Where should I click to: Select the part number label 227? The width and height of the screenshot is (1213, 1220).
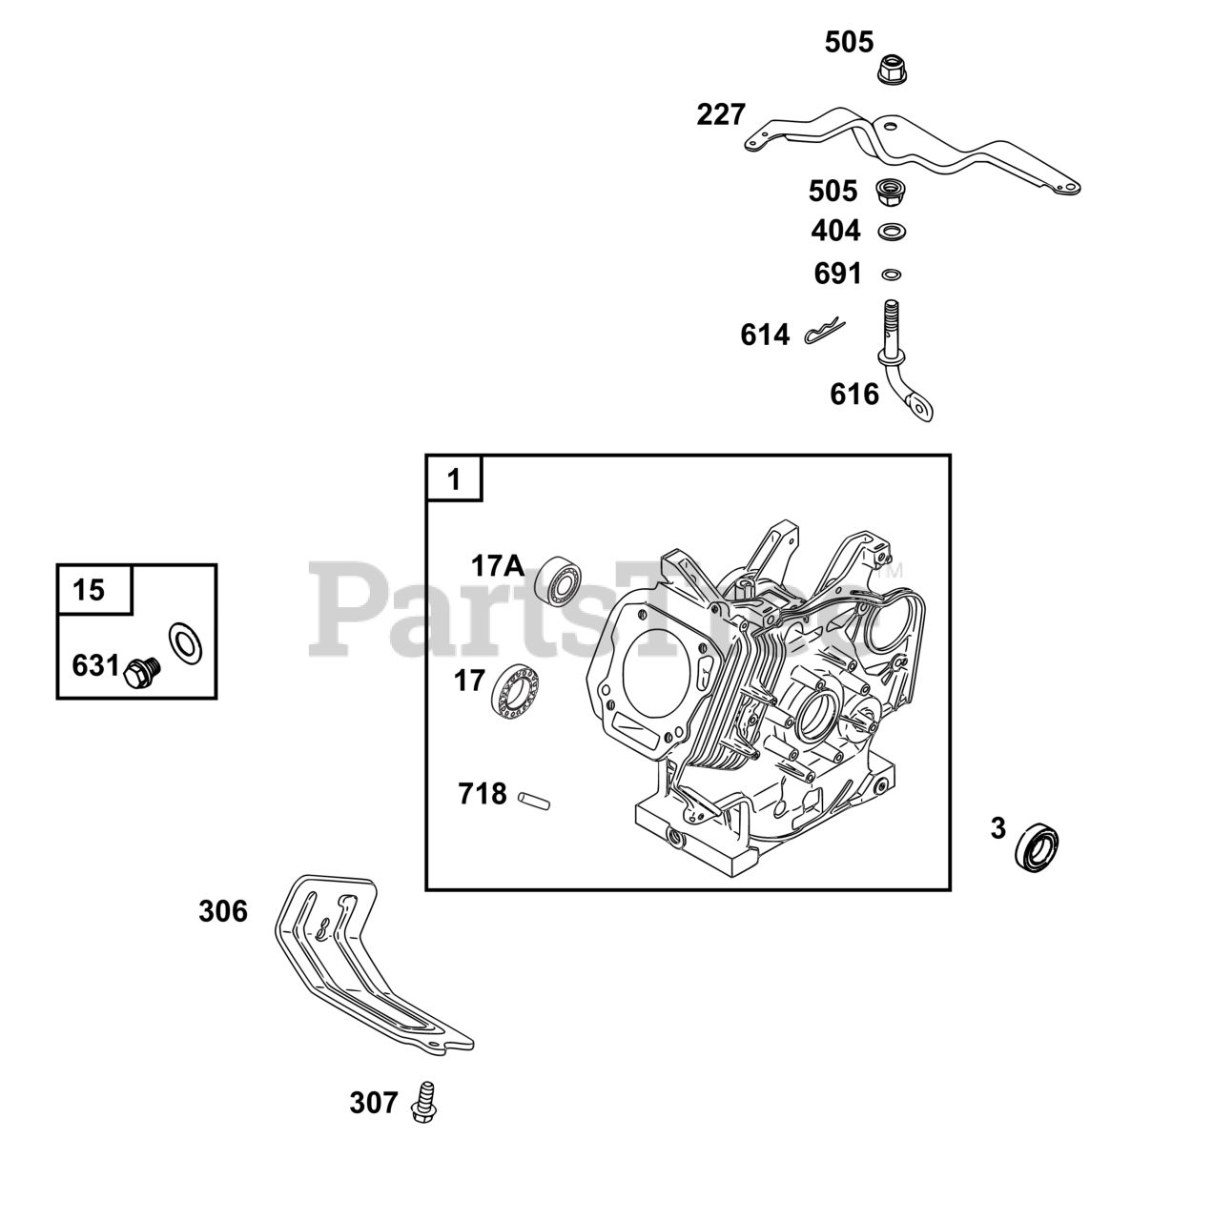721,115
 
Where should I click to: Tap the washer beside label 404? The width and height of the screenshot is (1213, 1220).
892,232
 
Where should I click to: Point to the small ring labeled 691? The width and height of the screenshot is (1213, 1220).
892,274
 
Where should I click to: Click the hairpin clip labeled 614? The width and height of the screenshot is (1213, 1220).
825,331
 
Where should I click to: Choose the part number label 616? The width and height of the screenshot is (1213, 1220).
854,395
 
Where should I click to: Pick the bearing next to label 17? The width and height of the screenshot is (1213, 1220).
516,692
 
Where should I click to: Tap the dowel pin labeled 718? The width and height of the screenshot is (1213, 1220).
534,801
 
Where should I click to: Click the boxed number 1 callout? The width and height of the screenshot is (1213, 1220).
454,479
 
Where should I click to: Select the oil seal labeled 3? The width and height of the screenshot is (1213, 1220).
1037,847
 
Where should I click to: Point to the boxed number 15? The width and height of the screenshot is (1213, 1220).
88,590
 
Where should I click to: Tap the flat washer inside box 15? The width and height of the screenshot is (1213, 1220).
185,644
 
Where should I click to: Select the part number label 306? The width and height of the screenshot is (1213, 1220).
223,912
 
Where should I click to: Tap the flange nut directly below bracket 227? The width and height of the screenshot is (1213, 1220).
892,191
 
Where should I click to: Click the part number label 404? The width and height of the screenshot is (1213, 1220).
836,231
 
